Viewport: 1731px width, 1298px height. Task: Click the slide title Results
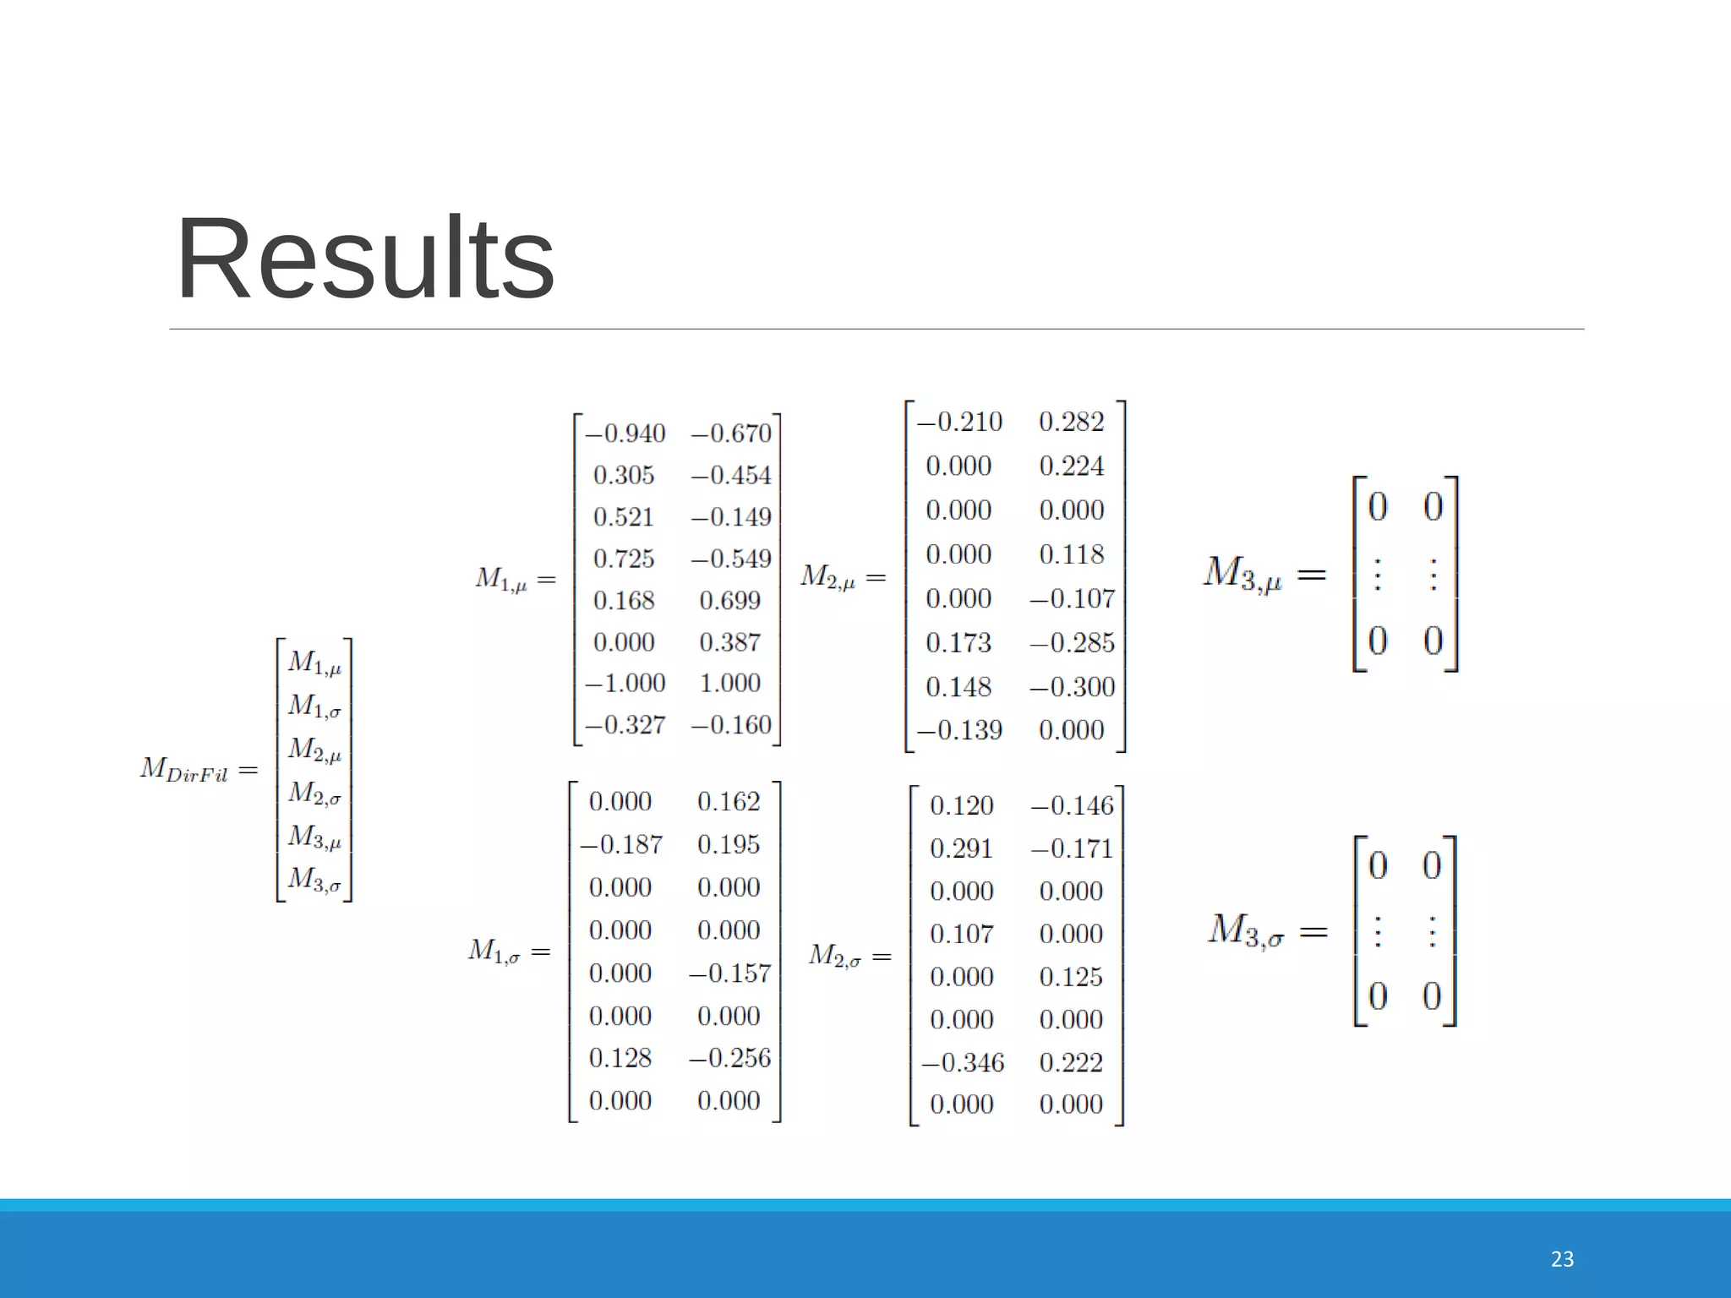[x=364, y=259]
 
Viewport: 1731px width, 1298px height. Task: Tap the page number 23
[x=1562, y=1259]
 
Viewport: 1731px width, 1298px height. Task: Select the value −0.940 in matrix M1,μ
[x=625, y=434]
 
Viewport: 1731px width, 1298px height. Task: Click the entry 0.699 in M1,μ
[x=729, y=601]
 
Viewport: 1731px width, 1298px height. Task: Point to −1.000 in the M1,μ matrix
[x=625, y=683]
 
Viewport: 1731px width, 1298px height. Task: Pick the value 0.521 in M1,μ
[x=624, y=517]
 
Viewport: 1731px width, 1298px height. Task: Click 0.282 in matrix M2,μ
[x=1071, y=422]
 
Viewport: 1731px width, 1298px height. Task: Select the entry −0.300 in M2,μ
[x=1072, y=687]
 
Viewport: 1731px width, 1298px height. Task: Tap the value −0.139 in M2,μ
[x=959, y=730]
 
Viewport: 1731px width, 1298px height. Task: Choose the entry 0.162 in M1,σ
[x=728, y=801]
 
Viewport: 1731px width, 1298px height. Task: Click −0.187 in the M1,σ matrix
[x=621, y=844]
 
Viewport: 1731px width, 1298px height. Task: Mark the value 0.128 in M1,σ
[x=620, y=1058]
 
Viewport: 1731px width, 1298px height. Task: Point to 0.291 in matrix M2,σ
[x=961, y=848]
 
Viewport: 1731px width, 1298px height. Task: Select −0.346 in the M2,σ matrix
[x=962, y=1062]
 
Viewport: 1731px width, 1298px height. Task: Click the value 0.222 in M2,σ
[x=1071, y=1062]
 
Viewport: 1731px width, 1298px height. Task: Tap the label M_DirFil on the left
[x=184, y=770]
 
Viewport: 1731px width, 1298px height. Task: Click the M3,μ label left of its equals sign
[x=1242, y=574]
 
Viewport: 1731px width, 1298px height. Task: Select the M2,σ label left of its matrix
[x=834, y=956]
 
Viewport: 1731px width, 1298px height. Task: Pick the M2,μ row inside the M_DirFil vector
[x=314, y=750]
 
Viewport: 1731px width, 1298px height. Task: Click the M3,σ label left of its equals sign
[x=1246, y=931]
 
